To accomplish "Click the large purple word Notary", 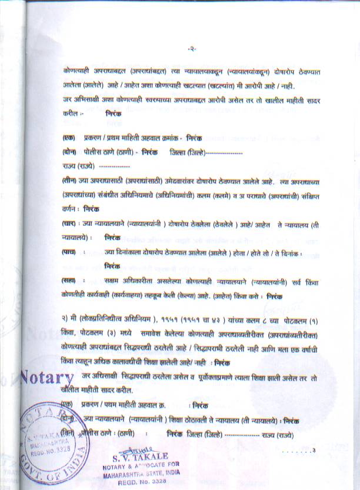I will click(46, 376).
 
